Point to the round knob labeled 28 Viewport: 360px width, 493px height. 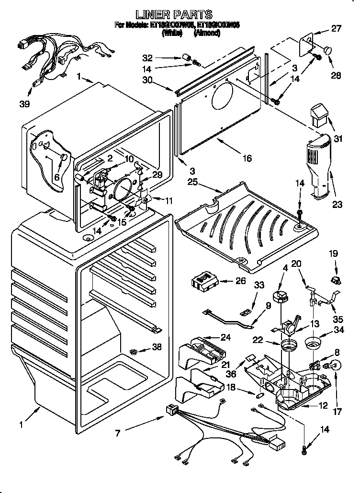328,49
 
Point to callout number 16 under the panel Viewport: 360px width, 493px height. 247,159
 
